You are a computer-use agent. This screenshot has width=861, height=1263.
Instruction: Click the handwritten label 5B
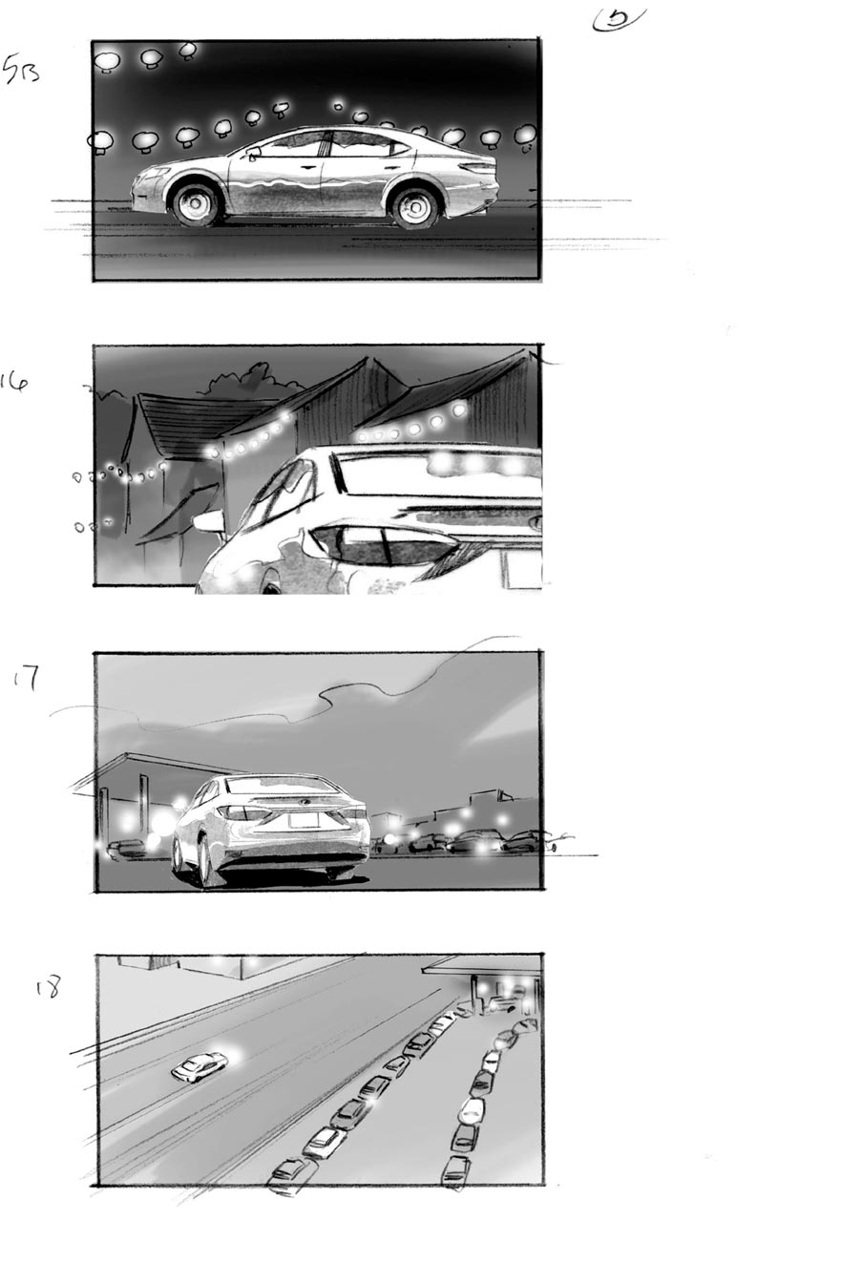point(21,70)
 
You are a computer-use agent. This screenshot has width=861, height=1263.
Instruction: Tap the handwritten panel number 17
point(26,680)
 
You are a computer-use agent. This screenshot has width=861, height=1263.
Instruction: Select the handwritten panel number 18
point(47,987)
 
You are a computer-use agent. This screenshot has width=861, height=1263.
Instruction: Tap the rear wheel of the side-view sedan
point(415,207)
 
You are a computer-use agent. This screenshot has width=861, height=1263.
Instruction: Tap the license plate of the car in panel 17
point(303,819)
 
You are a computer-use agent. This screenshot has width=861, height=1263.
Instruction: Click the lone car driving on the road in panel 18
point(199,1066)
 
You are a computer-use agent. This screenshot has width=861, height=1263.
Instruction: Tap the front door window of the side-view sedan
point(293,145)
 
